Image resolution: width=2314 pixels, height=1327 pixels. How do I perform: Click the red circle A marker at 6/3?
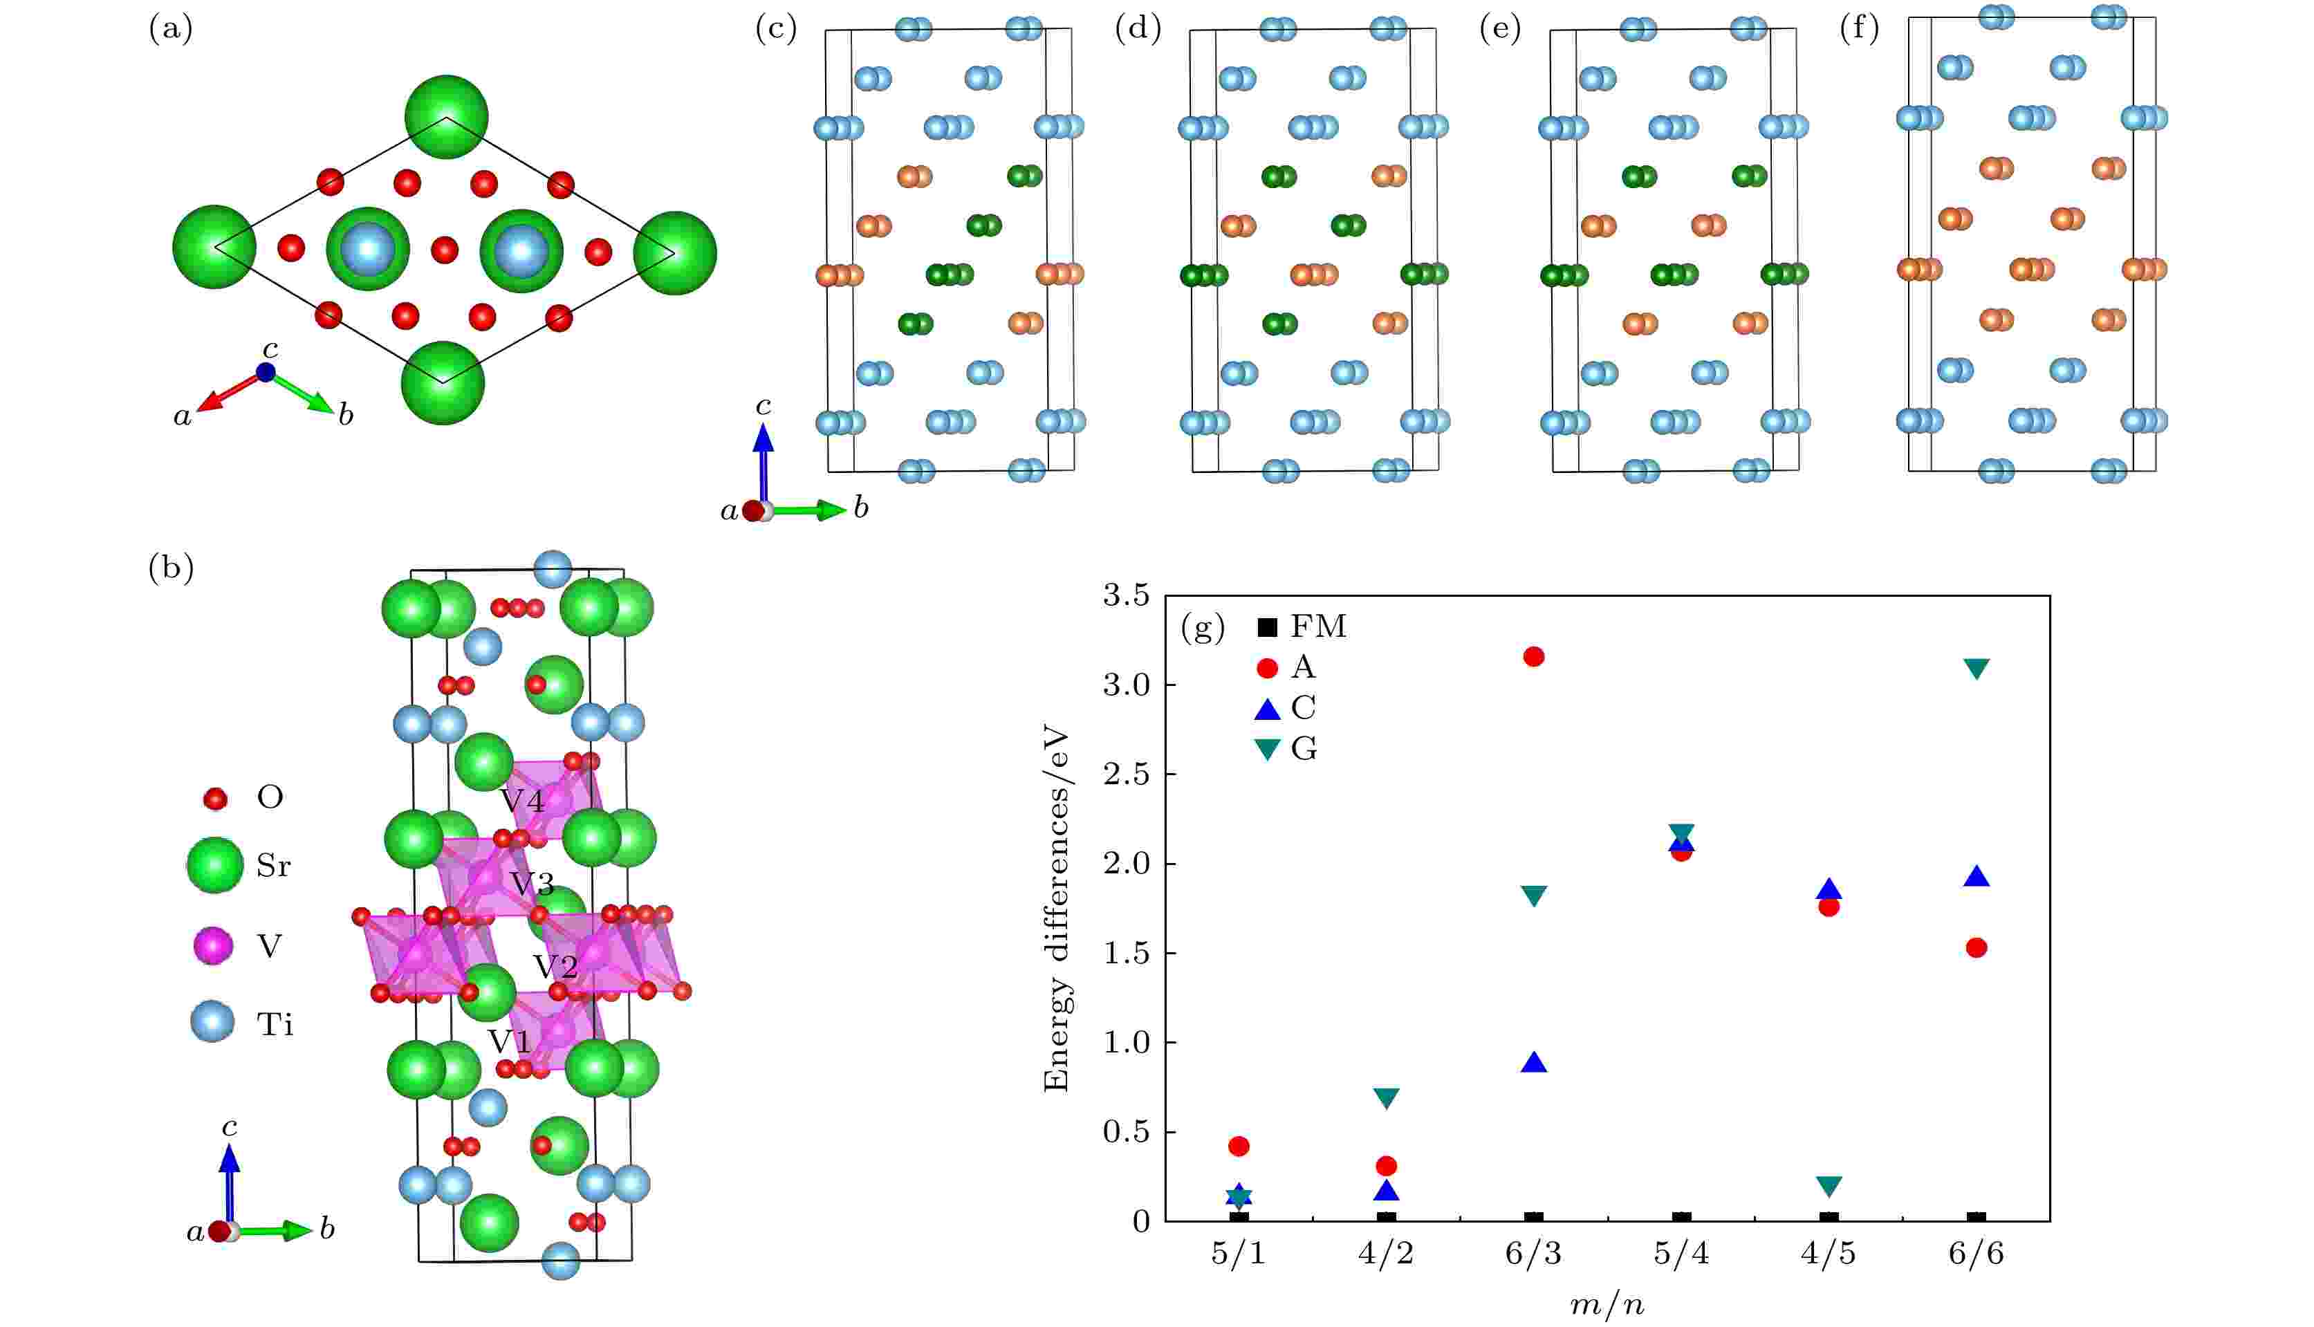[x=1533, y=656]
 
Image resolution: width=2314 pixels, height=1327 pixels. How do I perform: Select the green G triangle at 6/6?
[x=1976, y=668]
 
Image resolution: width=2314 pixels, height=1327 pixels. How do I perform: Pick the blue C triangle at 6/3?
[x=1533, y=1063]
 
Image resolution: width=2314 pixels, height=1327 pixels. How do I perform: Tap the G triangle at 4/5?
[x=1829, y=1186]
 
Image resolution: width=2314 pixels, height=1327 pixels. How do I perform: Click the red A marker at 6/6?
[x=1976, y=948]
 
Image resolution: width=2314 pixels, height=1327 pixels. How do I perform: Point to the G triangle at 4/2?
[x=1386, y=1098]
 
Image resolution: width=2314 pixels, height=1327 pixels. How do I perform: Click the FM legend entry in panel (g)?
[x=1301, y=627]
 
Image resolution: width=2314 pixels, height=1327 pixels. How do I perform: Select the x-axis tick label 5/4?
[x=1681, y=1254]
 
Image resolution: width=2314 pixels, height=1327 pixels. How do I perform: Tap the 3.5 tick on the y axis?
[x=1127, y=596]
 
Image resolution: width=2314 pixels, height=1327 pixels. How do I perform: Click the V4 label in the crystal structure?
[x=522, y=802]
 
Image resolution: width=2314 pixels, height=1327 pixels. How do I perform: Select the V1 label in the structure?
[x=510, y=1041]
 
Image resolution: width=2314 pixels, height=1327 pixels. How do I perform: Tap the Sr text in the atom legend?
[x=273, y=865]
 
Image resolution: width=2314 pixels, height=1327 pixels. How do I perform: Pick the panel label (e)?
[x=1500, y=30]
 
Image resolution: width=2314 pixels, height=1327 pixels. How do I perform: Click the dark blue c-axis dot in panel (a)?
[x=265, y=372]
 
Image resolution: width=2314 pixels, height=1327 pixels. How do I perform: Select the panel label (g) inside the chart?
[x=1202, y=627]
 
